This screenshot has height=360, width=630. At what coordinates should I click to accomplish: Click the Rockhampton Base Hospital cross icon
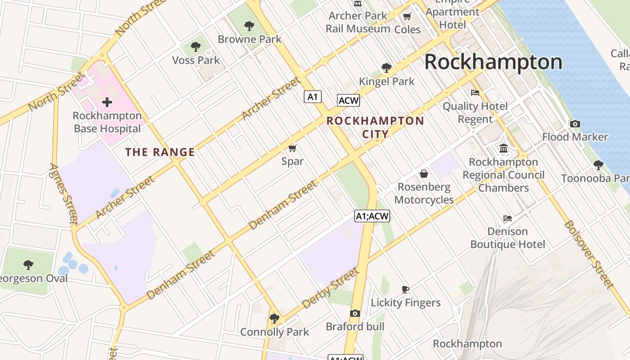click(x=107, y=102)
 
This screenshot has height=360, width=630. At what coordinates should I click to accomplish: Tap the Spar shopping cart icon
click(x=292, y=148)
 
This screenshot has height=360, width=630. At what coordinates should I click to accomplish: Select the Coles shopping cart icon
click(x=407, y=17)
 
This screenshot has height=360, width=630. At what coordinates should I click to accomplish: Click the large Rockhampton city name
click(x=493, y=62)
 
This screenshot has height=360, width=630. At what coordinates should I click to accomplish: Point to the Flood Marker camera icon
click(x=575, y=124)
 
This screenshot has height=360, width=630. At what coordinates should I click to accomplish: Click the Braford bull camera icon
click(x=355, y=313)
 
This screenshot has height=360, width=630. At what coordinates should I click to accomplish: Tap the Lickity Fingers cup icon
click(x=405, y=289)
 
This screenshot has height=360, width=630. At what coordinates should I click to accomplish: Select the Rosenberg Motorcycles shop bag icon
click(x=423, y=174)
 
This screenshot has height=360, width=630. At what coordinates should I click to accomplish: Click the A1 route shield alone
click(x=313, y=96)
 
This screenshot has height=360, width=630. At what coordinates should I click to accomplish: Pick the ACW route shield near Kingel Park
click(x=348, y=100)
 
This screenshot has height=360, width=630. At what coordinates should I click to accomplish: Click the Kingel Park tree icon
click(x=386, y=68)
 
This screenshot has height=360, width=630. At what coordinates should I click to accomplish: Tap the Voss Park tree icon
click(x=196, y=46)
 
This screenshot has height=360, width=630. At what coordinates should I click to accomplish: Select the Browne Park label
click(x=249, y=39)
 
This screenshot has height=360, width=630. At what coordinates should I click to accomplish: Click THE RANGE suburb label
click(x=160, y=152)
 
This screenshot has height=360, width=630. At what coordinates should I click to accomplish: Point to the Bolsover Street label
click(x=589, y=254)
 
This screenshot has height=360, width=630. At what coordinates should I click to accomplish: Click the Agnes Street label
click(x=64, y=194)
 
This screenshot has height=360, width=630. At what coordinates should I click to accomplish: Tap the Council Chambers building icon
click(x=504, y=148)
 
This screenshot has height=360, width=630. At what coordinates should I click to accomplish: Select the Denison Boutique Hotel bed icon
click(x=507, y=218)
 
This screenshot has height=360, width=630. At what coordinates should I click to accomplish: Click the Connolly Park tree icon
click(x=274, y=319)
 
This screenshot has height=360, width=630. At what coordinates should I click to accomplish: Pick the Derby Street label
click(x=330, y=288)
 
